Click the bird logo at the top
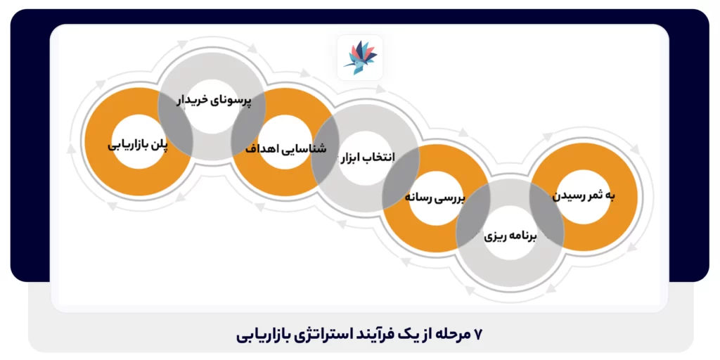(x=360, y=57)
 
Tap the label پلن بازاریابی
(x=138, y=146)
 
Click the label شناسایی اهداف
(x=287, y=149)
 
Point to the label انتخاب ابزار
(x=367, y=156)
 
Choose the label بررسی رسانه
(x=435, y=198)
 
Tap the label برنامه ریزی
(x=511, y=237)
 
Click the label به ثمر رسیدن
(x=583, y=195)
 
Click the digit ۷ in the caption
(x=479, y=334)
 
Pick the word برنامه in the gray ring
(x=523, y=237)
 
